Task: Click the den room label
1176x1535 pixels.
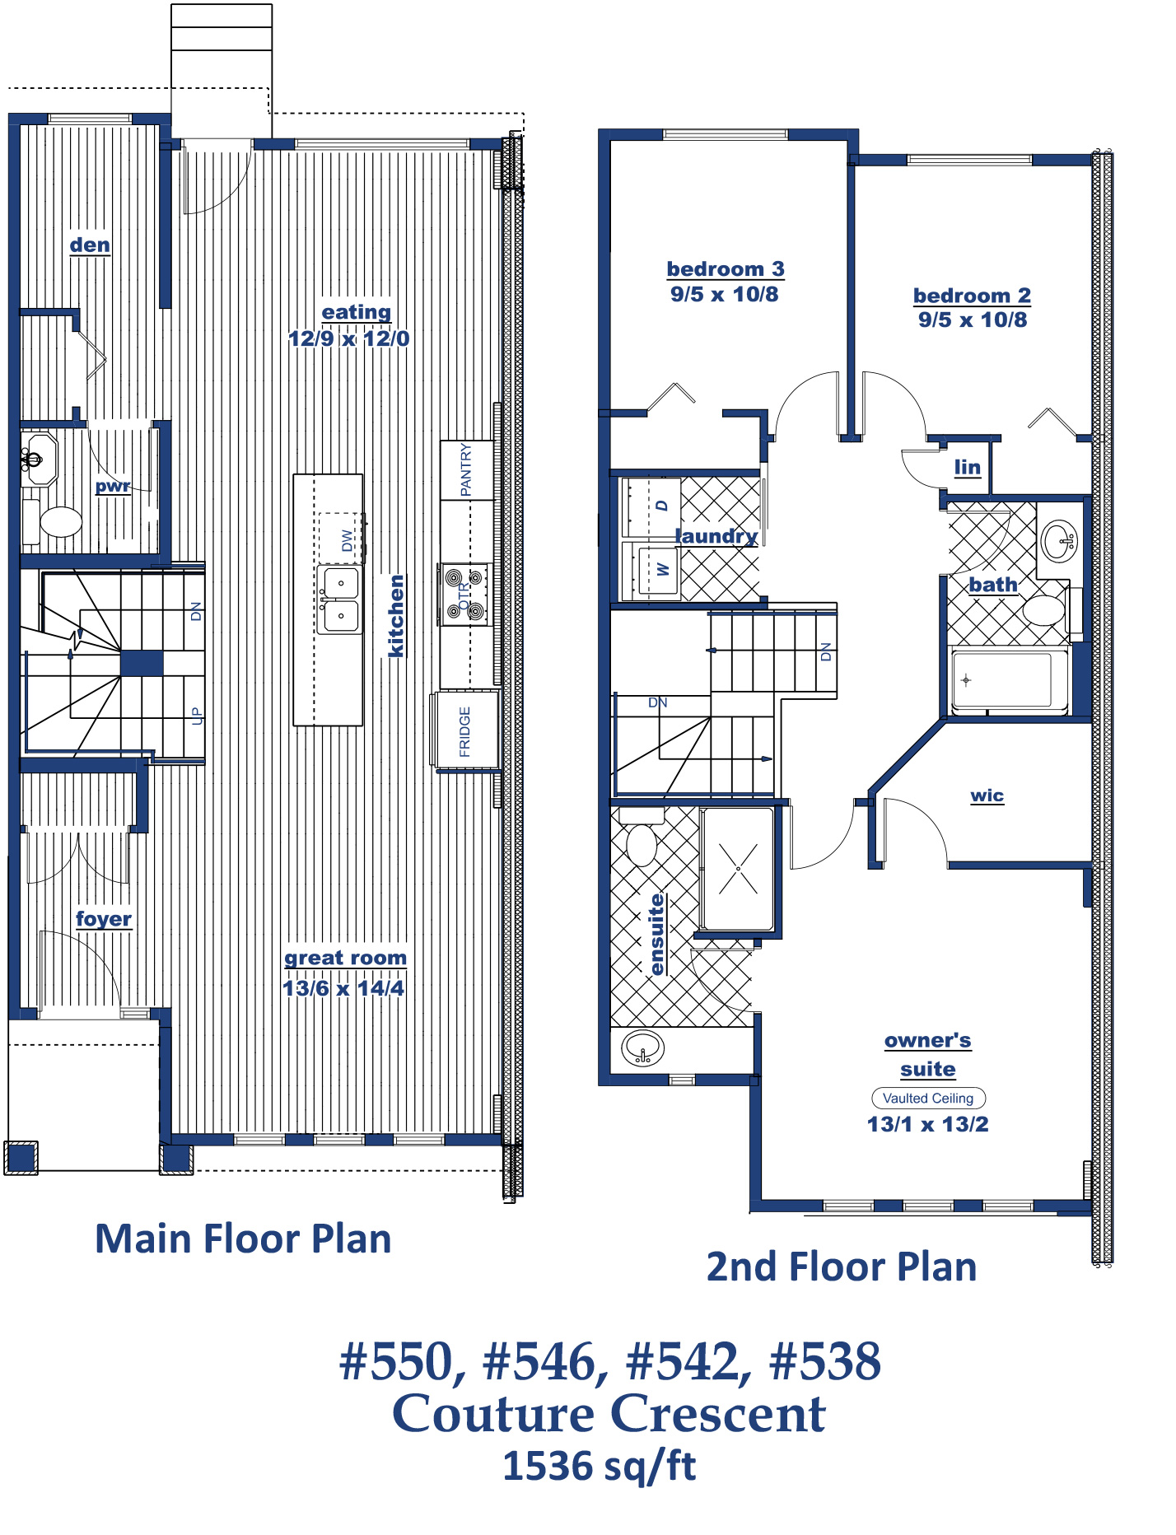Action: point(90,245)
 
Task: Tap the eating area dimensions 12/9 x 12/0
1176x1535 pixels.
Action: point(348,338)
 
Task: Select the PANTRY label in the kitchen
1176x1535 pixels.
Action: point(466,469)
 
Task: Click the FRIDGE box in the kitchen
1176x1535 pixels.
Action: point(465,731)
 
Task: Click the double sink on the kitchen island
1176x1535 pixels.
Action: point(340,599)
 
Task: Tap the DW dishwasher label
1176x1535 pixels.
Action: point(347,540)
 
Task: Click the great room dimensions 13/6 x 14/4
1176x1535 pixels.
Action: point(343,988)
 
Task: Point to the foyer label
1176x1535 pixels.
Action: point(104,918)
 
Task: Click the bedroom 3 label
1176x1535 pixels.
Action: point(726,268)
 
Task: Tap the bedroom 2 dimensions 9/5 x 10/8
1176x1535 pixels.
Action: point(973,320)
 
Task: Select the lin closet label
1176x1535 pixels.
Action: point(968,468)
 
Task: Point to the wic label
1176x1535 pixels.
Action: point(987,795)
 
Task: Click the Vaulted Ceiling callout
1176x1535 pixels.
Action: point(928,1098)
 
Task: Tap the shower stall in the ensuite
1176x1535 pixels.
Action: point(737,869)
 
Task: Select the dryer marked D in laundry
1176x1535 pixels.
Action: point(651,506)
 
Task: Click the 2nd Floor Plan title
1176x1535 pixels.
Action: point(842,1267)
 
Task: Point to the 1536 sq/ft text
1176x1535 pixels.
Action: point(600,1467)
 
